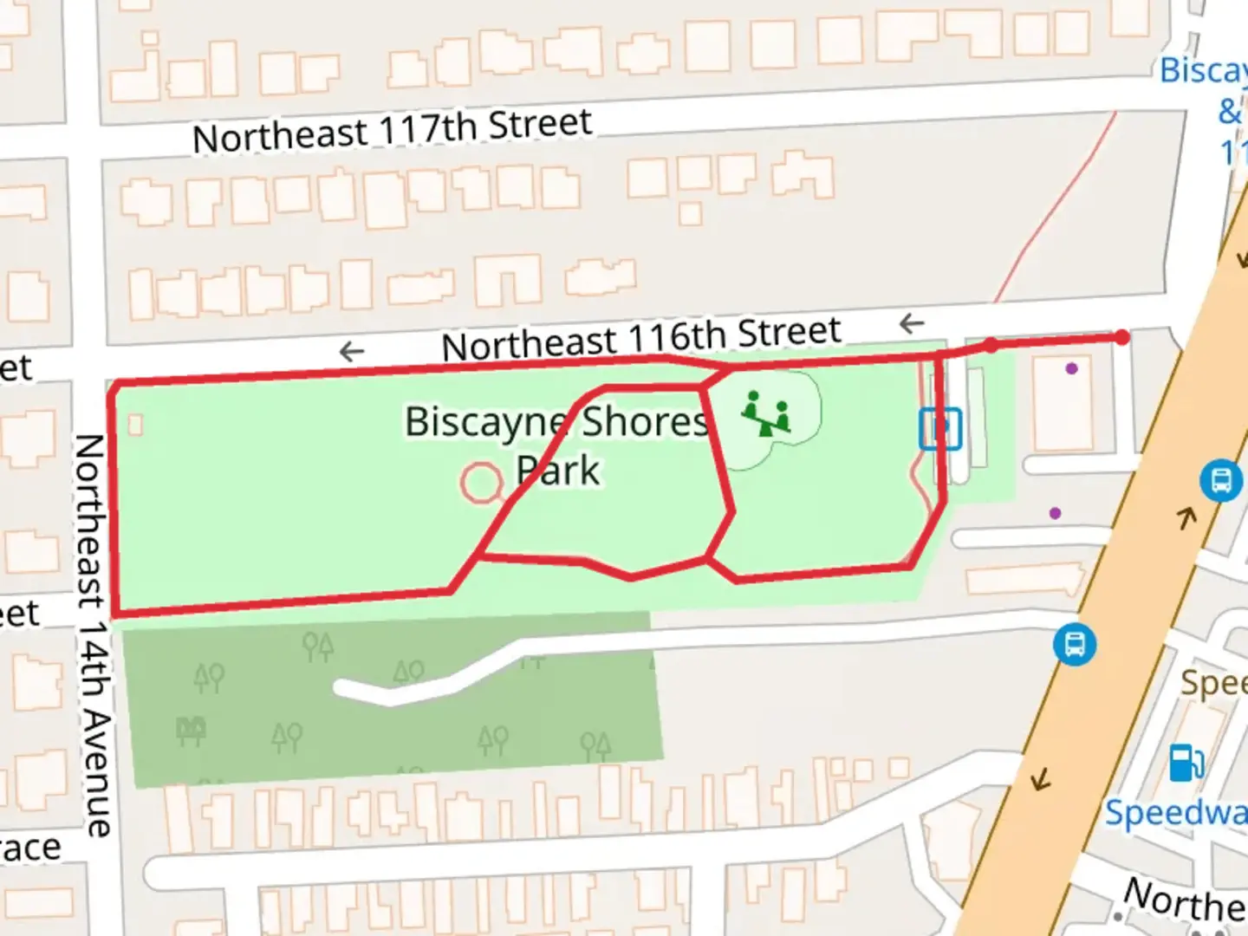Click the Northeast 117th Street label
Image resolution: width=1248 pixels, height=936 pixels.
(392, 130)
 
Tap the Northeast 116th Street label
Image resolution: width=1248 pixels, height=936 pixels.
(641, 338)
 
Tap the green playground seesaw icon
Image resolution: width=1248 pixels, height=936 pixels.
(766, 414)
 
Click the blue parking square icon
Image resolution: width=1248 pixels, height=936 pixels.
(940, 428)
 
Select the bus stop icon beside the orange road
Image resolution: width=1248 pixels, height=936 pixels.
(1220, 479)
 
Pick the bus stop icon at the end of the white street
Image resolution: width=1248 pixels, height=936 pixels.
(1075, 645)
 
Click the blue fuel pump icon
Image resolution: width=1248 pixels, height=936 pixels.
(1186, 763)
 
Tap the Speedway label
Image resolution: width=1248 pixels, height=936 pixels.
(1175, 813)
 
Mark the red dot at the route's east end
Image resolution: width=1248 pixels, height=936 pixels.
(1122, 337)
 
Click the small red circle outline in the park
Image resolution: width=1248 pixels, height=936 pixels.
(481, 484)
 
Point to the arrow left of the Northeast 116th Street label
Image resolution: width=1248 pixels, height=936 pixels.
(351, 351)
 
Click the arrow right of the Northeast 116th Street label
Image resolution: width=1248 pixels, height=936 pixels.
(912, 324)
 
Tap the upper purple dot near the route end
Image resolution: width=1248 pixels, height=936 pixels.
(1072, 368)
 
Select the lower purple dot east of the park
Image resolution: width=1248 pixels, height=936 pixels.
(1055, 513)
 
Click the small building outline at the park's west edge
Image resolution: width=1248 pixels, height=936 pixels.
(135, 425)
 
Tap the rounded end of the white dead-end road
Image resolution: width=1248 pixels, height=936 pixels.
(343, 688)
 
